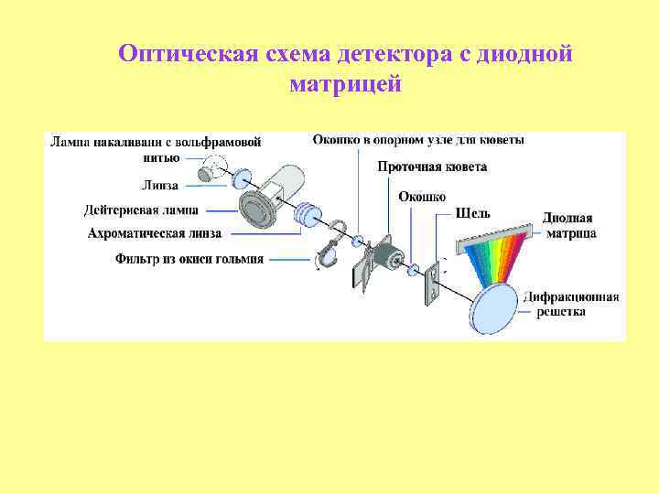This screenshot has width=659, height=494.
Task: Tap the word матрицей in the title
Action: coord(345,84)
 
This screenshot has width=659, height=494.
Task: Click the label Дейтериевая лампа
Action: coord(141,209)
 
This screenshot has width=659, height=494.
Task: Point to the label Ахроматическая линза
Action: coord(155,233)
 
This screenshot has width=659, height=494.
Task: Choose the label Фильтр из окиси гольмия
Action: coord(189,259)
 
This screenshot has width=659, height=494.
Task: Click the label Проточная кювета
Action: coord(432,167)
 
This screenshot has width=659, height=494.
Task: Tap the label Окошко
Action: coord(422,197)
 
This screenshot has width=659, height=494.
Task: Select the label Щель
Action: coord(473,213)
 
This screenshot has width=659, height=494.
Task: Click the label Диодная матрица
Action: coord(568,226)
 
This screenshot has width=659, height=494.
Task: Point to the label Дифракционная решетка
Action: coord(571,304)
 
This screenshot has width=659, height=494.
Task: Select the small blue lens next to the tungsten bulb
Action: coord(243,177)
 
